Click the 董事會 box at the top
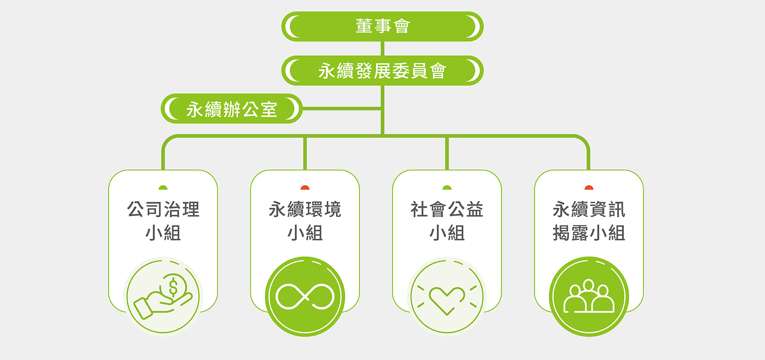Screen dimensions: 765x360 tap(382, 26)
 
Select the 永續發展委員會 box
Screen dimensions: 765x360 tap(382, 71)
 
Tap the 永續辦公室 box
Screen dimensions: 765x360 tap(231, 108)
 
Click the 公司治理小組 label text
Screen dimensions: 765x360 tap(163, 221)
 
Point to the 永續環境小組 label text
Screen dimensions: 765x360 tap(305, 221)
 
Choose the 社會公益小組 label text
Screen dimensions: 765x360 tap(447, 221)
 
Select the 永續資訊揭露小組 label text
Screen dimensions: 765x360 tap(589, 221)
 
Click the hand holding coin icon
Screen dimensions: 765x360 tap(163, 296)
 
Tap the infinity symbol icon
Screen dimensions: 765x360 tap(305, 297)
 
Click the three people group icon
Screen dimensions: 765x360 tap(589, 296)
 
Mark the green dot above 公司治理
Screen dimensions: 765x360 tap(163, 187)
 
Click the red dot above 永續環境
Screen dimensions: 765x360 tap(305, 187)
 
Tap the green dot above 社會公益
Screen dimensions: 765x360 tap(447, 187)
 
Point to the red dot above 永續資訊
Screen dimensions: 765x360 tap(589, 187)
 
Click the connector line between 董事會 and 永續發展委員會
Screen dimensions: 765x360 tap(382, 49)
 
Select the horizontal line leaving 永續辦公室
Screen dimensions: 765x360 tap(342, 108)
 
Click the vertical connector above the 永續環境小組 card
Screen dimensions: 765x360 tap(305, 153)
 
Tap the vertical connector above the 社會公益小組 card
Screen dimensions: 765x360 tap(447, 153)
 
